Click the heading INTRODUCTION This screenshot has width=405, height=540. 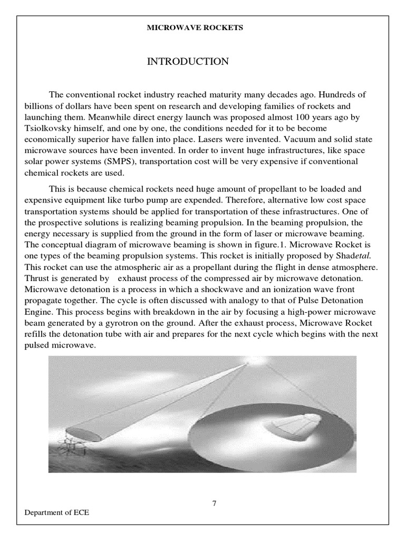click(188, 62)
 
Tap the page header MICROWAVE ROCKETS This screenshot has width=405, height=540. click(195, 28)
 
